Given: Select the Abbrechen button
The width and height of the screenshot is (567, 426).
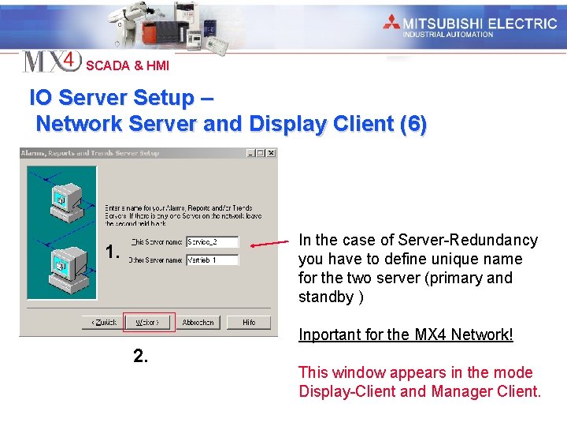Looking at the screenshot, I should [x=198, y=323].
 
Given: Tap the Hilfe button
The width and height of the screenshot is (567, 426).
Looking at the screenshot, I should [x=249, y=323].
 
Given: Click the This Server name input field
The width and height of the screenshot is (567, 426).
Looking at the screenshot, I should [x=212, y=242].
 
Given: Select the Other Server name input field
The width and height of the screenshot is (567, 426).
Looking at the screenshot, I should [x=212, y=260].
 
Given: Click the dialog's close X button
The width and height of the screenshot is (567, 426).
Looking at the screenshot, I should [x=271, y=153].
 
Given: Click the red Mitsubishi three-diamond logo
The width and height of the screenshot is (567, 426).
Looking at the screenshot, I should [x=391, y=22].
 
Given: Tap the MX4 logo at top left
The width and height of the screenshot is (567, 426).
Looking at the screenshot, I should [x=51, y=61].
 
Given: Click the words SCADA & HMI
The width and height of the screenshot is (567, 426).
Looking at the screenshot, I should [x=127, y=66].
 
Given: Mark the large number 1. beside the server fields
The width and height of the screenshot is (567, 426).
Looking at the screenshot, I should [x=113, y=252].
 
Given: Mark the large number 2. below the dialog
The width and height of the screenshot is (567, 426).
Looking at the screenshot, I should [x=140, y=357].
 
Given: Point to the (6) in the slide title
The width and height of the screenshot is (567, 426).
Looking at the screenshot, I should [x=413, y=124].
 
